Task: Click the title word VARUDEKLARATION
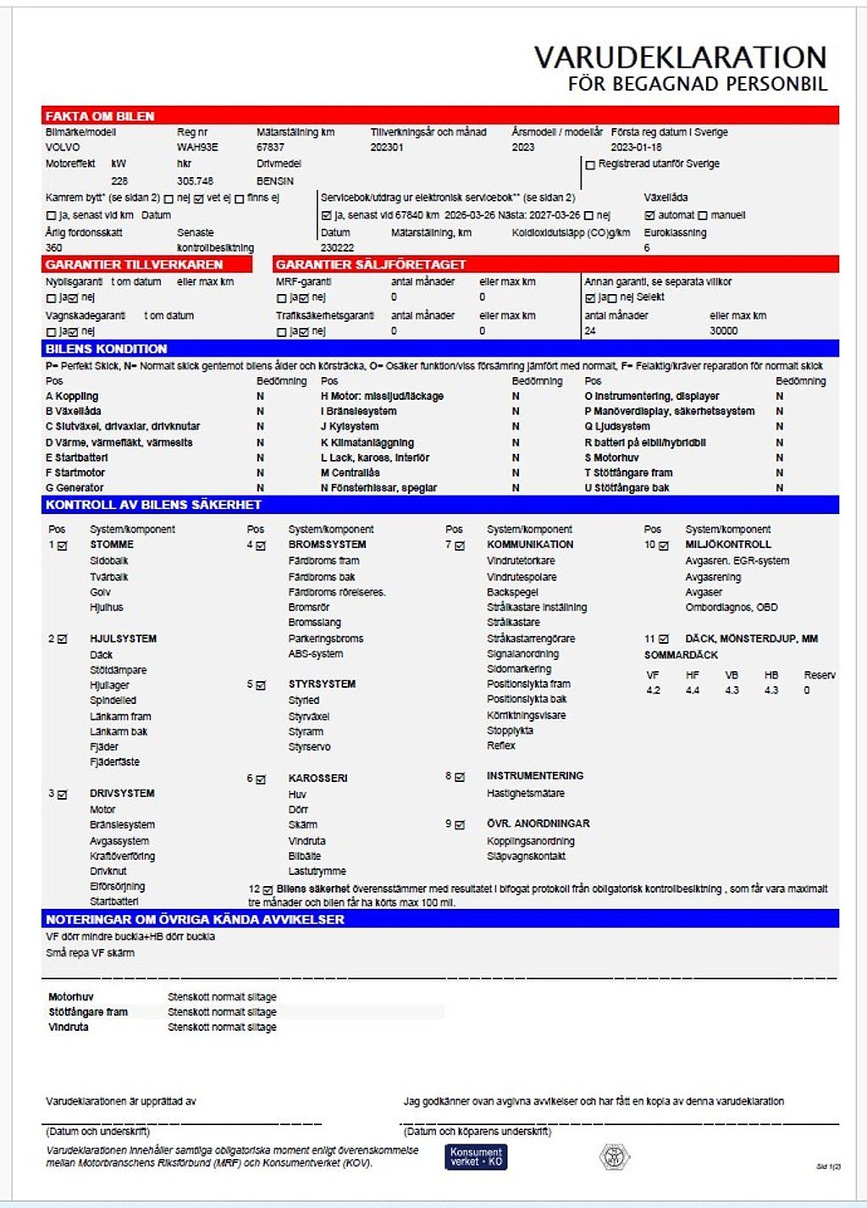680,58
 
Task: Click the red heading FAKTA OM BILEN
100,116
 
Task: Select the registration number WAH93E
197,147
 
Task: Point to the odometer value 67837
270,147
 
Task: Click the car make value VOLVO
63,147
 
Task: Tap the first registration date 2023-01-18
636,147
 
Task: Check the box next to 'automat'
649,215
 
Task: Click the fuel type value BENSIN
275,180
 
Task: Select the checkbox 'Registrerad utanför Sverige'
590,164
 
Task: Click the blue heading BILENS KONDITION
107,349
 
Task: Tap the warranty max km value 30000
723,330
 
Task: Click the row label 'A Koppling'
72,396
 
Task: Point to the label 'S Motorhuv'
611,457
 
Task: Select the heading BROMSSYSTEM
327,545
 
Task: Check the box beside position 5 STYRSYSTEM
261,684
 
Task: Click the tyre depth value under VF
653,690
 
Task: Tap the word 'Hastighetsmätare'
525,794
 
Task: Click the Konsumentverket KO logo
476,1157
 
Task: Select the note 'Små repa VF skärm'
90,953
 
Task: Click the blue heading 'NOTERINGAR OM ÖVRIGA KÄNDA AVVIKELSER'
195,919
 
